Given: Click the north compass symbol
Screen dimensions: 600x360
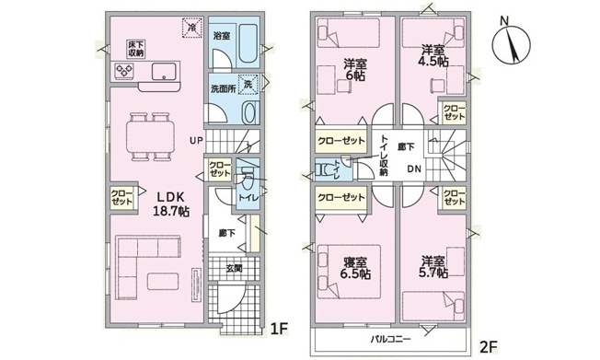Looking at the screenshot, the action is coord(511,43).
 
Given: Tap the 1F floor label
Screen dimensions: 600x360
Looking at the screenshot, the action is coord(279,329).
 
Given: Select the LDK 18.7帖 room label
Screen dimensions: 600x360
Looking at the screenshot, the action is coord(171,204).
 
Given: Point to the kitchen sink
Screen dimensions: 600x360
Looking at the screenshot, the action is coord(164,71).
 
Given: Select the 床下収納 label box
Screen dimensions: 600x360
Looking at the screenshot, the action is coord(136,49).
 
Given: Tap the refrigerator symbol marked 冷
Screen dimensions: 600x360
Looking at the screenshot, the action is coord(192,28).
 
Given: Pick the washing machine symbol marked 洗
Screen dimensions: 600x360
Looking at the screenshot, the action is coord(248,85).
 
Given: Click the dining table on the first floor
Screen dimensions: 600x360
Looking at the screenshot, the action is coord(150,136).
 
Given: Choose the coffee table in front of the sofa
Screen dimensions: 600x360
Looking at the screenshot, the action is coord(163,282).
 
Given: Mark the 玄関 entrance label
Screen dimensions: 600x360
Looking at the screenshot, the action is coord(234,269).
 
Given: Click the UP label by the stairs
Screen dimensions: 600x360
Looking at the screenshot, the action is coord(196,141).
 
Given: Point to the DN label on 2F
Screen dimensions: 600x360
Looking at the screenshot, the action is coord(414,168).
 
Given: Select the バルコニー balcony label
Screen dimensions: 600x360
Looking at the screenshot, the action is coord(391,339).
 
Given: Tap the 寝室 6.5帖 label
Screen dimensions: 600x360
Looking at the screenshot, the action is coord(355,268).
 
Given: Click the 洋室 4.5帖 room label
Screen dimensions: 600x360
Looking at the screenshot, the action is coord(433,56).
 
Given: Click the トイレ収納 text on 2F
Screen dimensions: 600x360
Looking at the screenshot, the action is coord(384,156).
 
